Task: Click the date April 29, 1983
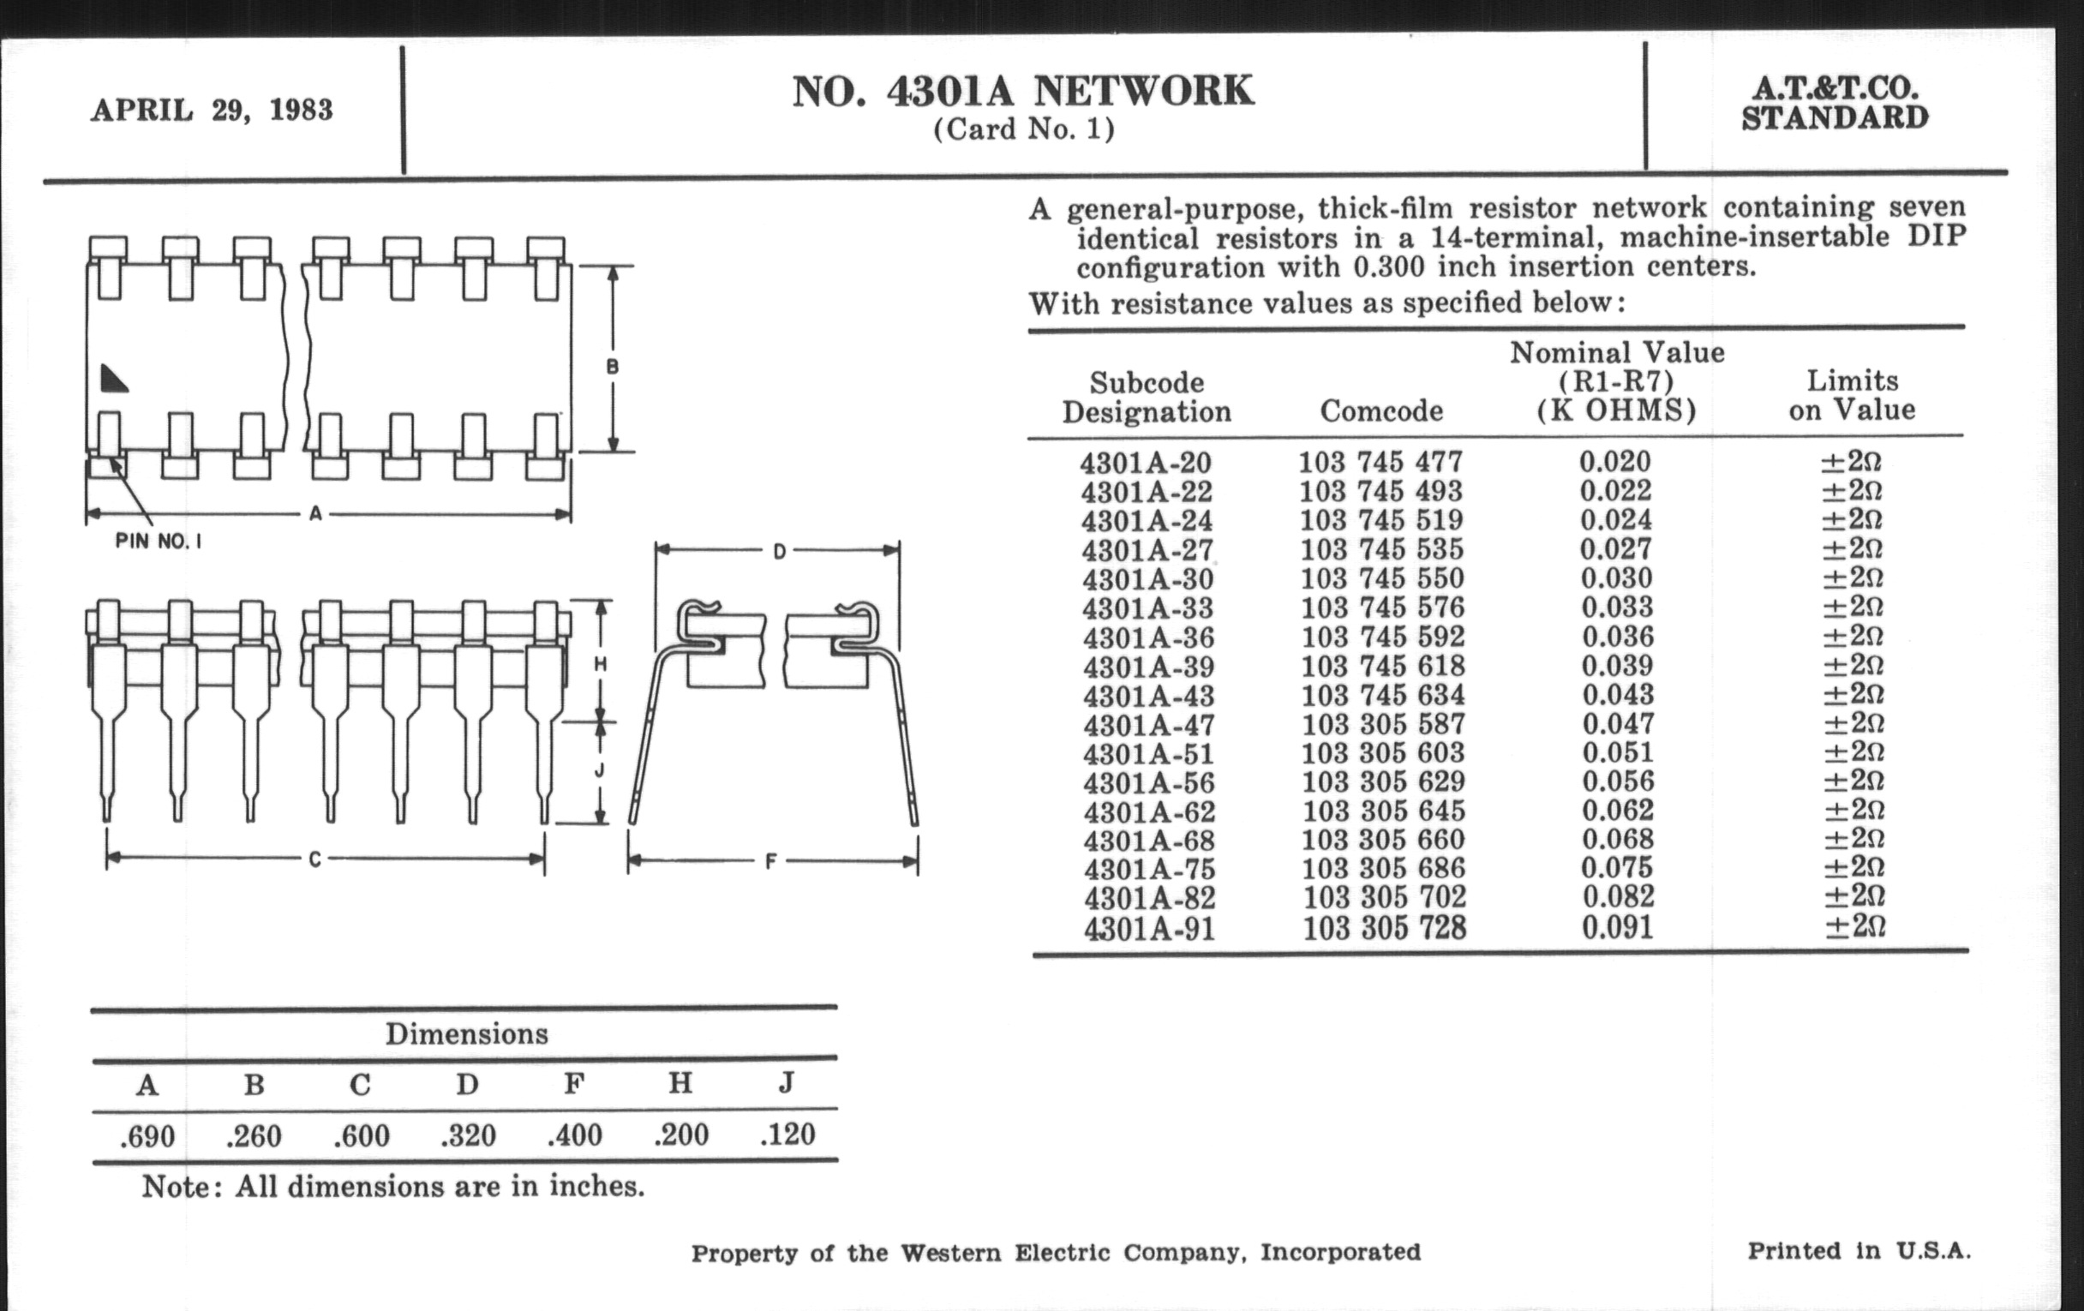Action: click(x=212, y=111)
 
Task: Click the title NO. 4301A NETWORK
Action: click(x=1023, y=92)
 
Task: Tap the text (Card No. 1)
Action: click(x=1023, y=129)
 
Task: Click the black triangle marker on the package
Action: click(x=113, y=378)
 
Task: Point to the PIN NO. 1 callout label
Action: click(x=159, y=542)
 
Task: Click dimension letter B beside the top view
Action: click(x=613, y=367)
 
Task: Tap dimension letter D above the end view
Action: click(x=779, y=551)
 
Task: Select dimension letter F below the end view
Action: click(x=770, y=861)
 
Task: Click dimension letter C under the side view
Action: click(x=315, y=859)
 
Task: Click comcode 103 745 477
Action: click(x=1380, y=462)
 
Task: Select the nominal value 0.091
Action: click(x=1618, y=928)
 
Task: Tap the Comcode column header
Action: click(x=1381, y=410)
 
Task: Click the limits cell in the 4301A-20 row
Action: click(x=1851, y=462)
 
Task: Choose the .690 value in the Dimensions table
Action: click(x=147, y=1136)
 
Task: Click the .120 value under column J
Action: click(x=787, y=1134)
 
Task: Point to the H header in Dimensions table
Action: click(x=680, y=1082)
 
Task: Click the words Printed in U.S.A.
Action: click(x=1859, y=1250)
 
